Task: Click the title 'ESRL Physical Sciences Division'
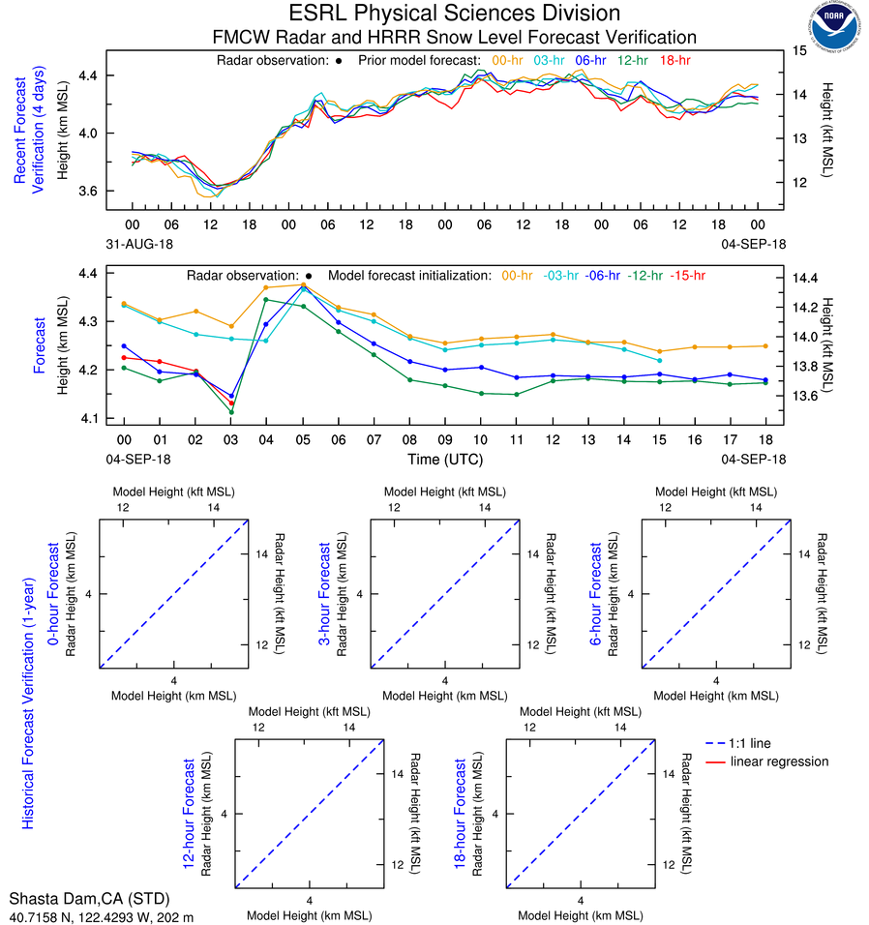(x=454, y=14)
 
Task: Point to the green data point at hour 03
(x=231, y=412)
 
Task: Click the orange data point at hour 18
(x=764, y=345)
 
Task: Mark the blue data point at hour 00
(x=124, y=345)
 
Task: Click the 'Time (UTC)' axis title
(x=444, y=459)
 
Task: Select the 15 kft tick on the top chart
(x=800, y=48)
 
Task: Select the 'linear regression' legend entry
(x=779, y=761)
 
